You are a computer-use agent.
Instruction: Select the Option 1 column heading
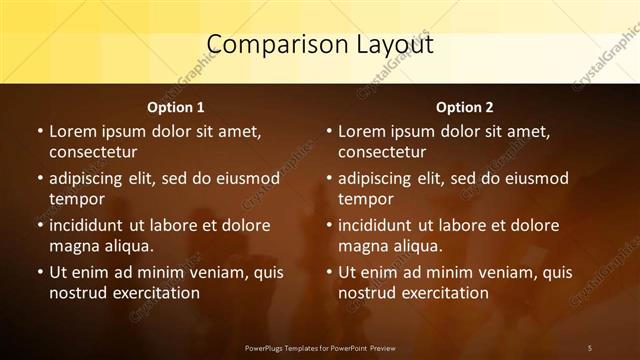176,107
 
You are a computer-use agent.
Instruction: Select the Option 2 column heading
464,107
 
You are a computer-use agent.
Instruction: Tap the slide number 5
590,347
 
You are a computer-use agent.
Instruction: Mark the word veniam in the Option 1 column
202,272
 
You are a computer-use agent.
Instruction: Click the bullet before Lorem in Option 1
40,131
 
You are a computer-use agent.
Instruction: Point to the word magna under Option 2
362,246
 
